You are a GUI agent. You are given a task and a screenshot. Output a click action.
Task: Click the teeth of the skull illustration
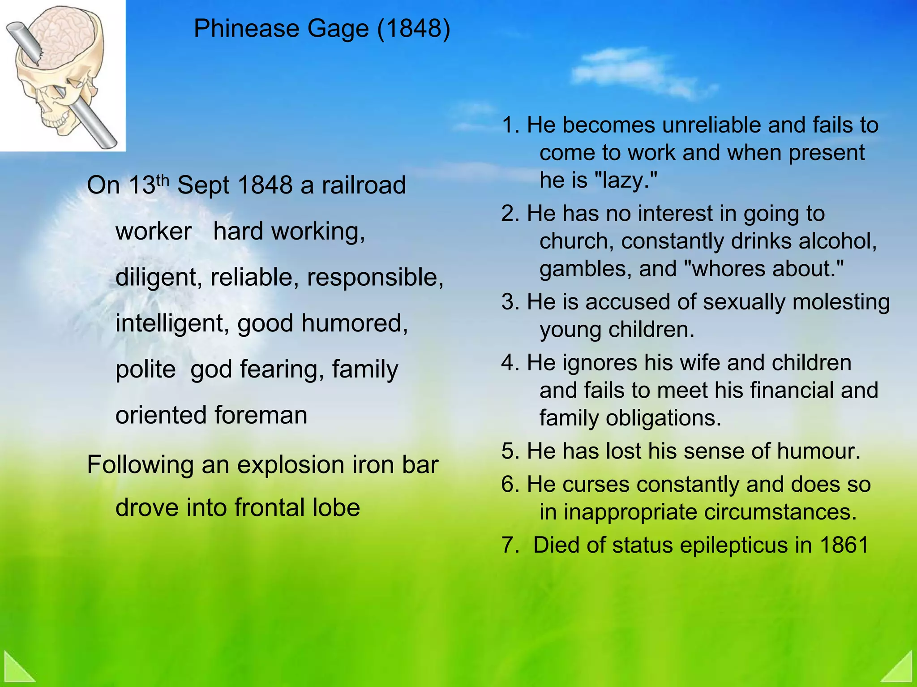tap(56, 121)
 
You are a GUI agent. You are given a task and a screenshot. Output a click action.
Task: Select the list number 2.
tap(510, 214)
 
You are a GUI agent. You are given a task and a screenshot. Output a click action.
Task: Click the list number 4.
tap(510, 363)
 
